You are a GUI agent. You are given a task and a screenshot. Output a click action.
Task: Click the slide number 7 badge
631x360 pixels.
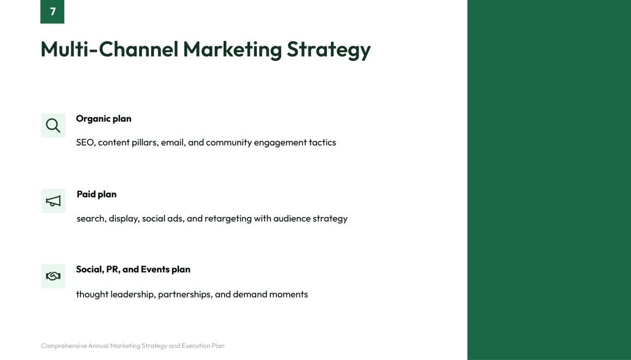pos(52,11)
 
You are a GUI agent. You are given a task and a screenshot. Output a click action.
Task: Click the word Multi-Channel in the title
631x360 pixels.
pos(109,49)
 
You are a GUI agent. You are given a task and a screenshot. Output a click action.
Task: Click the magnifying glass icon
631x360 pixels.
pos(53,126)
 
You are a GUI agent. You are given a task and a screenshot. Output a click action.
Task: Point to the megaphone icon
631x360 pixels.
pos(53,201)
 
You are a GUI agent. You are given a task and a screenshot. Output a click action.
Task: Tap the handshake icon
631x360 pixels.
pos(53,276)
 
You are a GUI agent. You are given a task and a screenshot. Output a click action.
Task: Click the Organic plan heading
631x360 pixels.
pos(103,119)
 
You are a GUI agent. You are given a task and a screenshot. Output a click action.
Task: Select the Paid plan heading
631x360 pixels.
pos(97,194)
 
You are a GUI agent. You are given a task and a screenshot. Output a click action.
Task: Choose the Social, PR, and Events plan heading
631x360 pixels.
pos(133,270)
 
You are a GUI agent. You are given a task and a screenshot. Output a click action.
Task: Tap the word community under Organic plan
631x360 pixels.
pos(228,143)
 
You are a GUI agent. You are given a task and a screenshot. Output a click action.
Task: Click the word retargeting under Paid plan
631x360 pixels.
pos(228,219)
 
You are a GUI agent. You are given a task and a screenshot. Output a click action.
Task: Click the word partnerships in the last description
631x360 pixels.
pos(185,295)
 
